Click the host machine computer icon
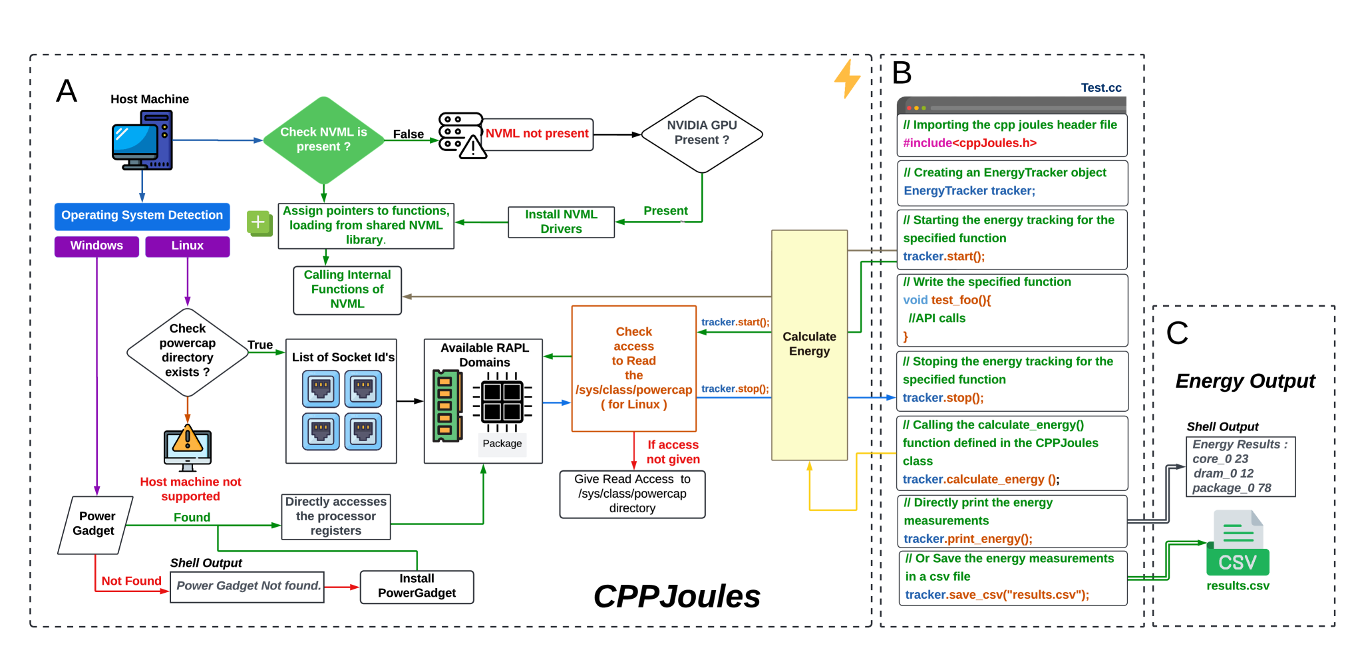(x=142, y=140)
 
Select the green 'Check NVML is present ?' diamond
(x=323, y=140)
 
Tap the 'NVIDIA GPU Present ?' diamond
(x=701, y=133)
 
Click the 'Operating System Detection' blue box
(x=142, y=216)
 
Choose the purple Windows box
(x=96, y=245)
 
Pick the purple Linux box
(x=187, y=245)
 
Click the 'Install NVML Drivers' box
(x=561, y=222)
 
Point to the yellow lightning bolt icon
(x=847, y=79)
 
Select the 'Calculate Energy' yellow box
(x=809, y=345)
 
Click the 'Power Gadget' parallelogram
(x=95, y=524)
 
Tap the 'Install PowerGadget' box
(x=417, y=586)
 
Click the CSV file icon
(x=1237, y=544)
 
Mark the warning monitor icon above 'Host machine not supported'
(x=188, y=447)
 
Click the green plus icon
(x=259, y=222)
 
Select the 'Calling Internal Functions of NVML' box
(x=347, y=289)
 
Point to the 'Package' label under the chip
(x=502, y=444)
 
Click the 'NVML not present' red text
(x=537, y=134)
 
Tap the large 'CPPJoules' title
(x=677, y=596)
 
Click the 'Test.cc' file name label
(x=1101, y=88)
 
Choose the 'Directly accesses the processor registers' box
(x=336, y=516)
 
